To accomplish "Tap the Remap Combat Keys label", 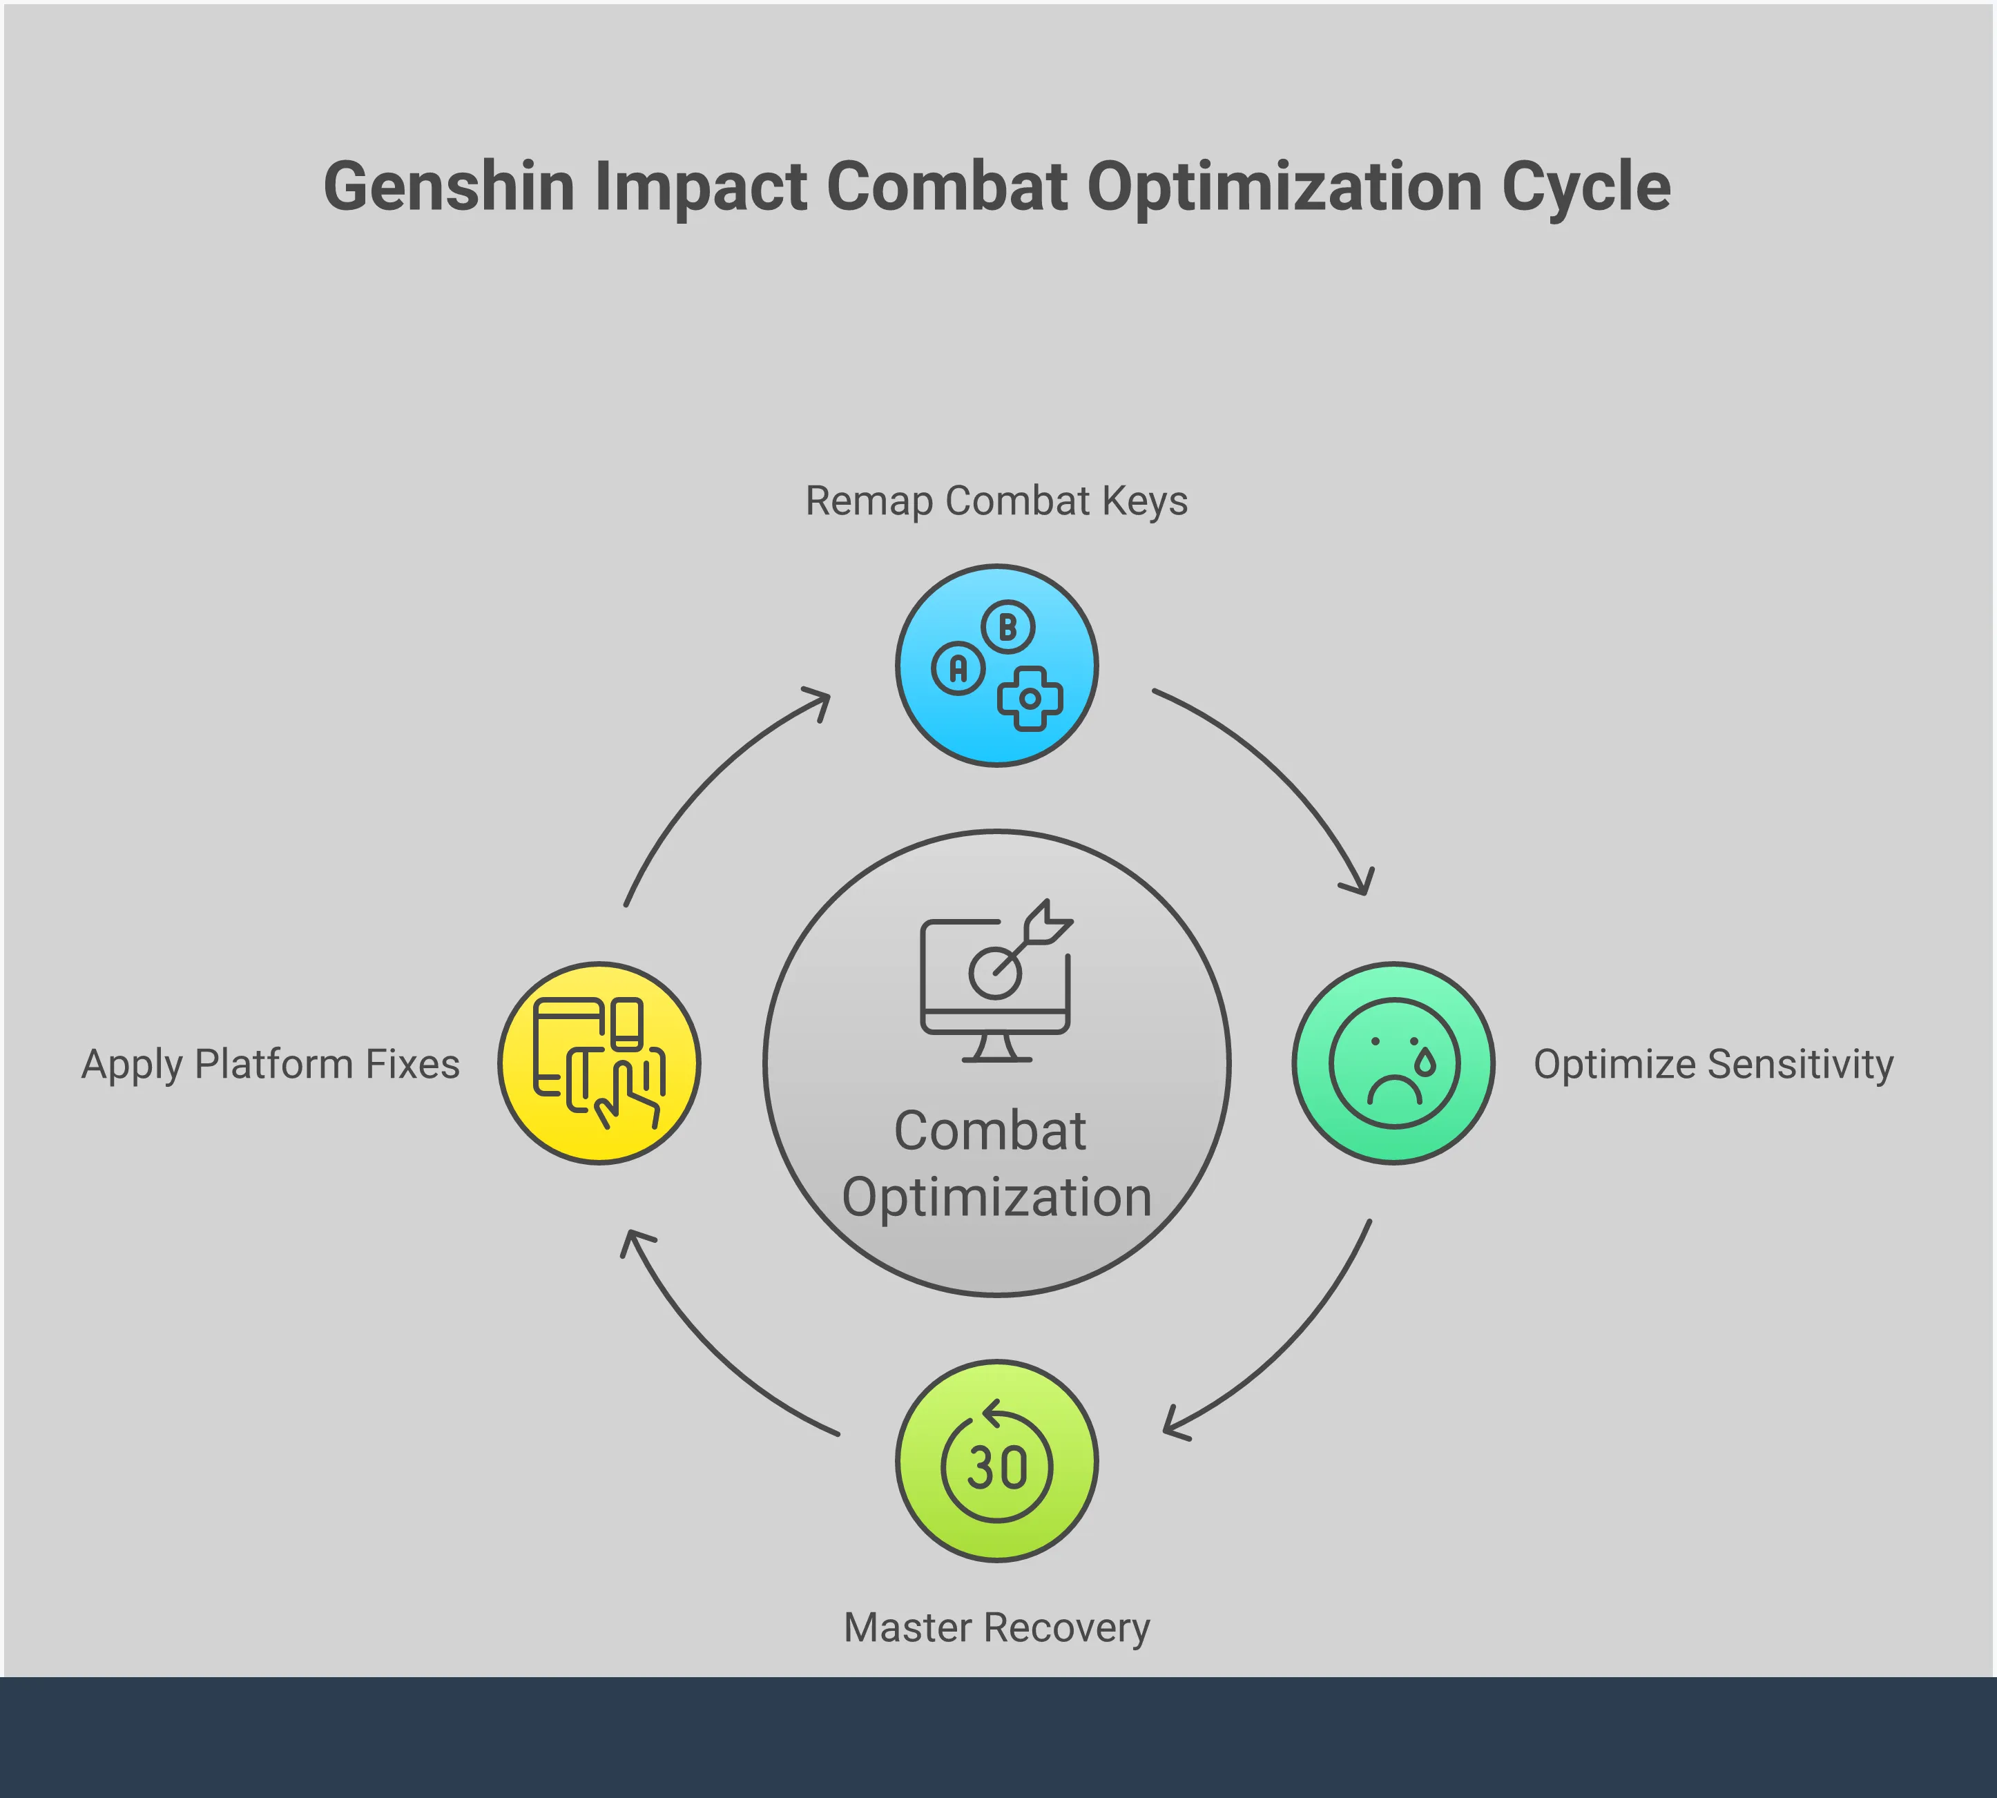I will click(996, 501).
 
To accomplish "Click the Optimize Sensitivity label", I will click(1713, 1064).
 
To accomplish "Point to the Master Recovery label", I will click(996, 1627).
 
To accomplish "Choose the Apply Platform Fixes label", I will click(271, 1064).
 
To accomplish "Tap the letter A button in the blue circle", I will click(958, 669).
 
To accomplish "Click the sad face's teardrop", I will click(1425, 1061).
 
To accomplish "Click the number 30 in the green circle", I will click(997, 1468).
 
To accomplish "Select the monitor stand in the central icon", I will click(996, 1048).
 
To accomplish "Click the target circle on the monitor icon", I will click(994, 973).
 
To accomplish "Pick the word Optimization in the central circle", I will click(996, 1197).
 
